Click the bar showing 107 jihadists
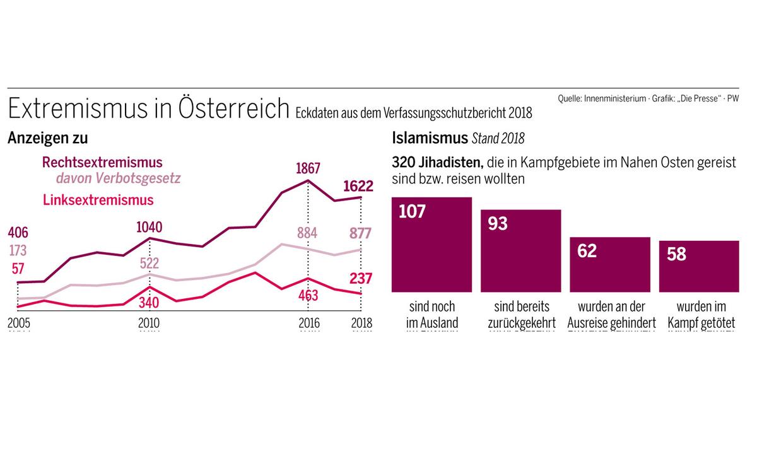coord(431,245)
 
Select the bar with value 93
coord(520,250)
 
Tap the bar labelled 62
coord(609,264)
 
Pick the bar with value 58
coord(699,266)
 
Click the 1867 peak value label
coord(308,168)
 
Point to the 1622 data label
coord(359,186)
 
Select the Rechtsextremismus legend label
coord(102,162)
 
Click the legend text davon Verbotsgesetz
coord(119,178)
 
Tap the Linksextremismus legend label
coord(98,201)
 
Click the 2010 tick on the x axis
coord(149,323)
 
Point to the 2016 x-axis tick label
coord(308,323)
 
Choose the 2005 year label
coord(19,323)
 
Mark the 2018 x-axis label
coord(360,323)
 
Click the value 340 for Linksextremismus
coord(149,303)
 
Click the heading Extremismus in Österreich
coord(148,109)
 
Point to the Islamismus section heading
coord(429,137)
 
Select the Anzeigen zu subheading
coord(48,137)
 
